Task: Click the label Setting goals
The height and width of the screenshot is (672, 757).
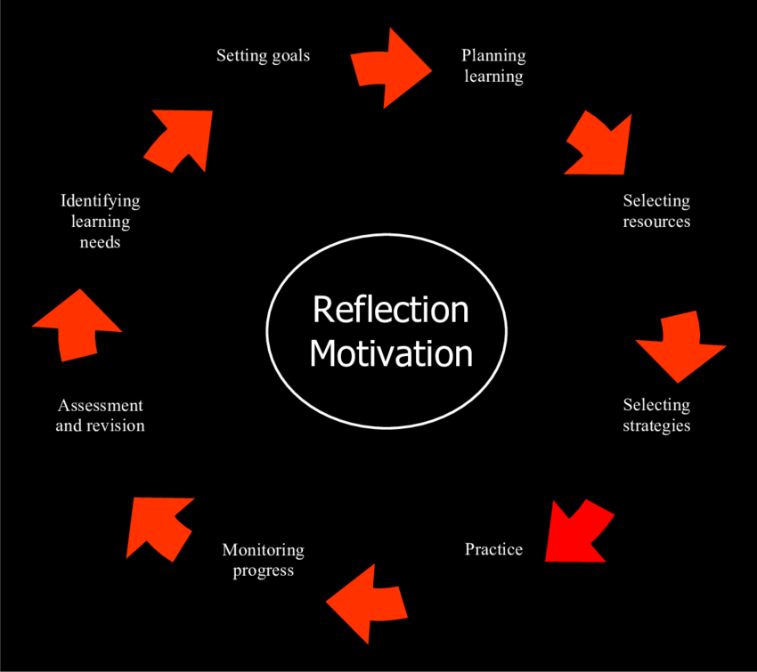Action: click(263, 55)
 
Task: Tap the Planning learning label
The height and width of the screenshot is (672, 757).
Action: click(493, 66)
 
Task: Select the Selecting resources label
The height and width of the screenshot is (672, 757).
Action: click(656, 211)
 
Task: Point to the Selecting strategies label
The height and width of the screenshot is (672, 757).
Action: click(656, 415)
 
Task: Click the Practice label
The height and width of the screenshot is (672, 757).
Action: click(493, 549)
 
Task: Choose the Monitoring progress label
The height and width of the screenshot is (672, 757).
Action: click(263, 560)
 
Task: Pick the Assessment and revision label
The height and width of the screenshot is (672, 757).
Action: click(100, 416)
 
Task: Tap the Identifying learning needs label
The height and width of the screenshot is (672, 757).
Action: click(100, 221)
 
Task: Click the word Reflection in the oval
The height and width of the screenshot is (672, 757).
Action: click(390, 310)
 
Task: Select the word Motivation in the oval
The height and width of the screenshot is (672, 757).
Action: click(390, 353)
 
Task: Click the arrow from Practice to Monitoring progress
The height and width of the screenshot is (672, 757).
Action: click(367, 602)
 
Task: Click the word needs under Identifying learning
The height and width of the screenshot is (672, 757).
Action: click(100, 242)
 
